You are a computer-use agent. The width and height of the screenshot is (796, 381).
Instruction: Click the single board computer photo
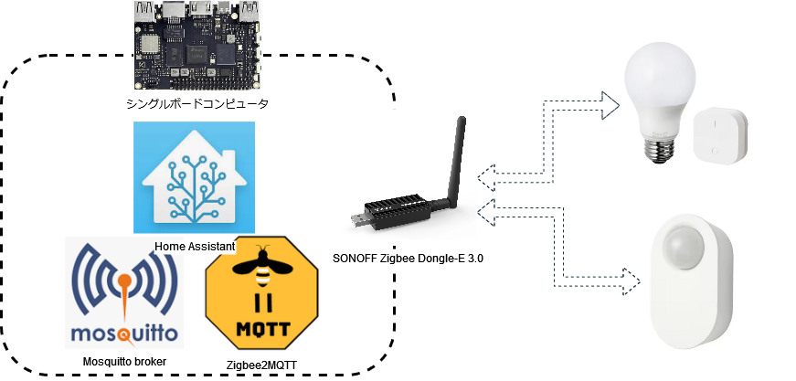[198, 45]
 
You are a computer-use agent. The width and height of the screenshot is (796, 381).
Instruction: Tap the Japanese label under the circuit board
[197, 104]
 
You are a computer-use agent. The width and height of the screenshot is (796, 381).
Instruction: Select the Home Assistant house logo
[194, 177]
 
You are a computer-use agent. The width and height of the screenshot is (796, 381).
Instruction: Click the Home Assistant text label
[195, 247]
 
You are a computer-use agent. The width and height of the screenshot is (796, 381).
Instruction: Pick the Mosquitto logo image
[124, 292]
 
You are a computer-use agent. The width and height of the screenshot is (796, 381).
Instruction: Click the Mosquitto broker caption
[124, 362]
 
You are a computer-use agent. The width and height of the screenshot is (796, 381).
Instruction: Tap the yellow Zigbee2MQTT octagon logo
[261, 292]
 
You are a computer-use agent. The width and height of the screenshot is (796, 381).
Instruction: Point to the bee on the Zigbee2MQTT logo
[262, 266]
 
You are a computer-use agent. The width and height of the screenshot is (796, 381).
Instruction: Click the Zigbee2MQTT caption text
[262, 365]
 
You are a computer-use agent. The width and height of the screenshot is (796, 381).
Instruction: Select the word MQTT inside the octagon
[263, 329]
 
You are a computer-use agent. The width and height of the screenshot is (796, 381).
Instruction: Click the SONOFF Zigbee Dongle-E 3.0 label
[409, 259]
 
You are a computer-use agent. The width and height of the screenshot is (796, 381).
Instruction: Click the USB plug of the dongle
[358, 219]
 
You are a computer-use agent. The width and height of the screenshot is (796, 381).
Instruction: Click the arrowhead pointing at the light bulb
[610, 105]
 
